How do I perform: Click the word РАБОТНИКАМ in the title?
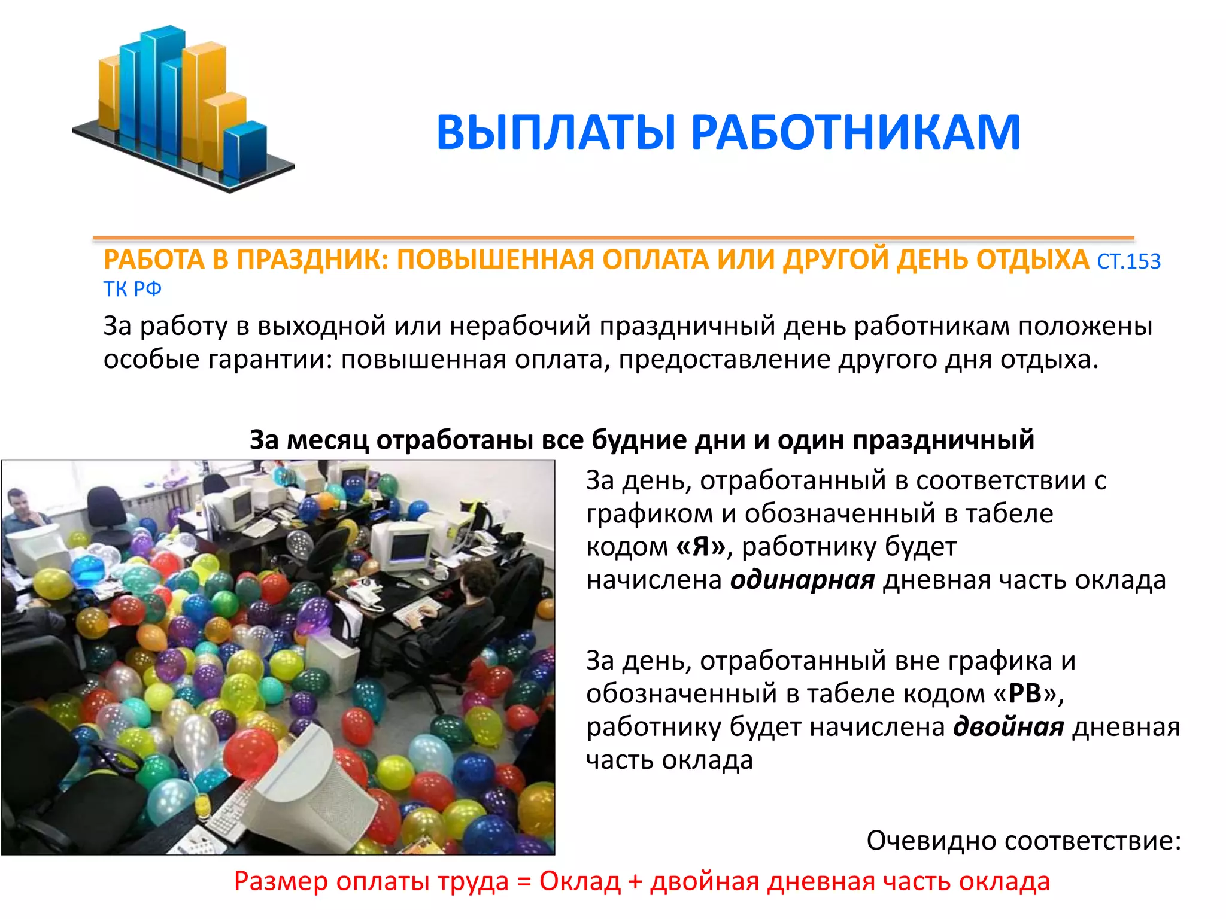pyautogui.click(x=855, y=133)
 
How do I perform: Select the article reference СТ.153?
pyautogui.click(x=1128, y=262)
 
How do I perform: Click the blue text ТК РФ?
pyautogui.click(x=132, y=290)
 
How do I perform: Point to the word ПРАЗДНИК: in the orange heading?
pyautogui.click(x=312, y=260)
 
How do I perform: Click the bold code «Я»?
pyautogui.click(x=701, y=547)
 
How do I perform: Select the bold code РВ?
pyautogui.click(x=1025, y=694)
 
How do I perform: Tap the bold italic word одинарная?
pyautogui.click(x=802, y=580)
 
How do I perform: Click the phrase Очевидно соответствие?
pyautogui.click(x=1024, y=841)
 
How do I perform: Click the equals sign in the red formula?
pyautogui.click(x=524, y=882)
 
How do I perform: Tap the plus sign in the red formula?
pyautogui.click(x=635, y=882)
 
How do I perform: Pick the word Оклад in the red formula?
pyautogui.click(x=579, y=882)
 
